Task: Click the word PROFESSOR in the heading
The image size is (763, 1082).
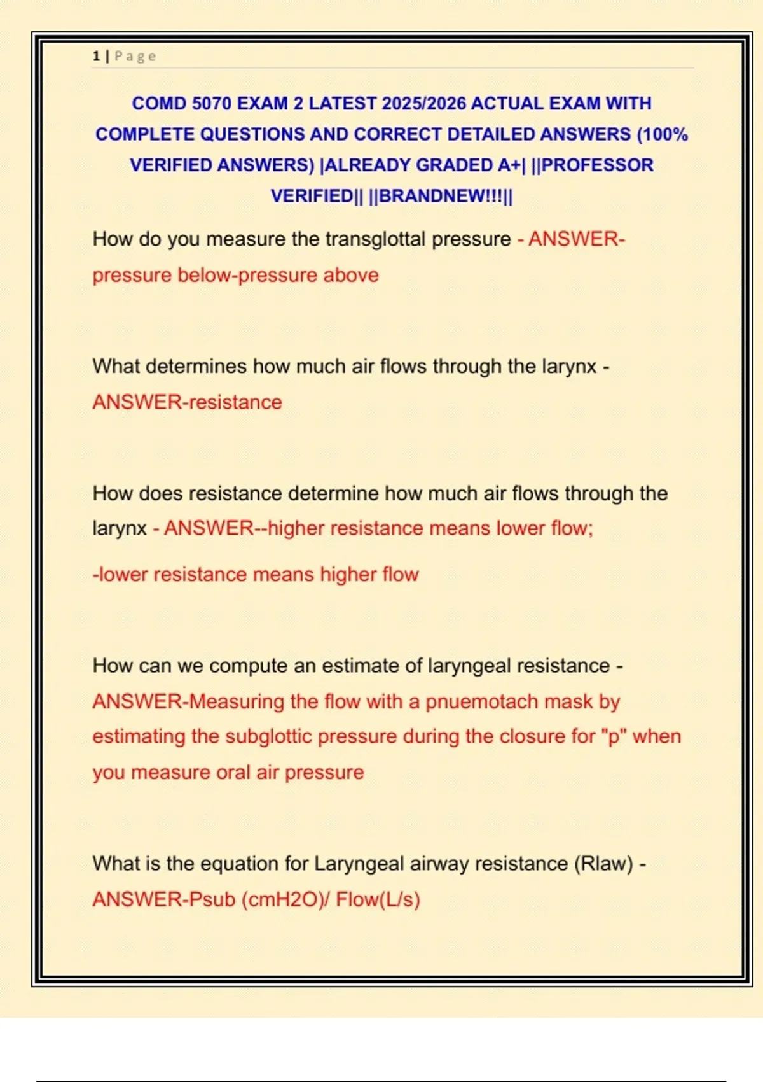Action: pos(597,165)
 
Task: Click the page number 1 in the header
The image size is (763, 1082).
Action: pos(96,56)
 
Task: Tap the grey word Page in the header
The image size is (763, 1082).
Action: pos(135,56)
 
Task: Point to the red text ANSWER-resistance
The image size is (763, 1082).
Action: pos(187,402)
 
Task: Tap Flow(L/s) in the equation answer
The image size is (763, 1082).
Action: pos(378,900)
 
